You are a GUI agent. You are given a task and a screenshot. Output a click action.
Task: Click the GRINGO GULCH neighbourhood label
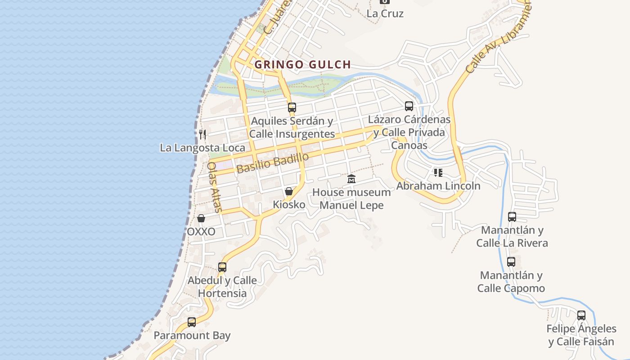302,64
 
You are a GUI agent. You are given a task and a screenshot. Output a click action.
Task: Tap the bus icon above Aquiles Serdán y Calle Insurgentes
292,108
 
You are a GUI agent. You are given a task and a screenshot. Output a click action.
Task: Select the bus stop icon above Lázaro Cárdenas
409,106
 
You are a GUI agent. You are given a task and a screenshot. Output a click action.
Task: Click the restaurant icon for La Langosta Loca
202,134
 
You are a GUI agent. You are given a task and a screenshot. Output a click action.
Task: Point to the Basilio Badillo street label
273,163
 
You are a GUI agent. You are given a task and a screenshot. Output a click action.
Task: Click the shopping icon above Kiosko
289,191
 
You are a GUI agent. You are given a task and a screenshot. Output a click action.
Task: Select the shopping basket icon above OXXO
201,219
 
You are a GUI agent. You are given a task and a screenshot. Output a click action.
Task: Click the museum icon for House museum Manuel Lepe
351,179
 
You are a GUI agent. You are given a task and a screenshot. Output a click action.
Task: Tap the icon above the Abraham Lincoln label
438,172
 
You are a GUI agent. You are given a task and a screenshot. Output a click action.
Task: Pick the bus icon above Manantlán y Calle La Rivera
512,217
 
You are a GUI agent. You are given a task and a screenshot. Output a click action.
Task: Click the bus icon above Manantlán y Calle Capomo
511,262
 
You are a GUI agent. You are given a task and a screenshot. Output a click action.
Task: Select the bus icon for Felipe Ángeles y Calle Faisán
581,315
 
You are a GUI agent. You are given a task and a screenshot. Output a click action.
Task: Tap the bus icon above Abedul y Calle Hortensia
222,267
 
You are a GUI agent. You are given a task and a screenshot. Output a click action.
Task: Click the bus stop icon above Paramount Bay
192,322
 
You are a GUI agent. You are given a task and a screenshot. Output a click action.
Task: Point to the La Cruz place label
385,13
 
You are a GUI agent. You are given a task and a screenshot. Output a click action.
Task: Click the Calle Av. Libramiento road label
498,39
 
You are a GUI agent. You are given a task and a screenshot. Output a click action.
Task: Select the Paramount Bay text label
192,336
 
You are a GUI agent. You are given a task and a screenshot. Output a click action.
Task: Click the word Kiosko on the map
289,205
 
